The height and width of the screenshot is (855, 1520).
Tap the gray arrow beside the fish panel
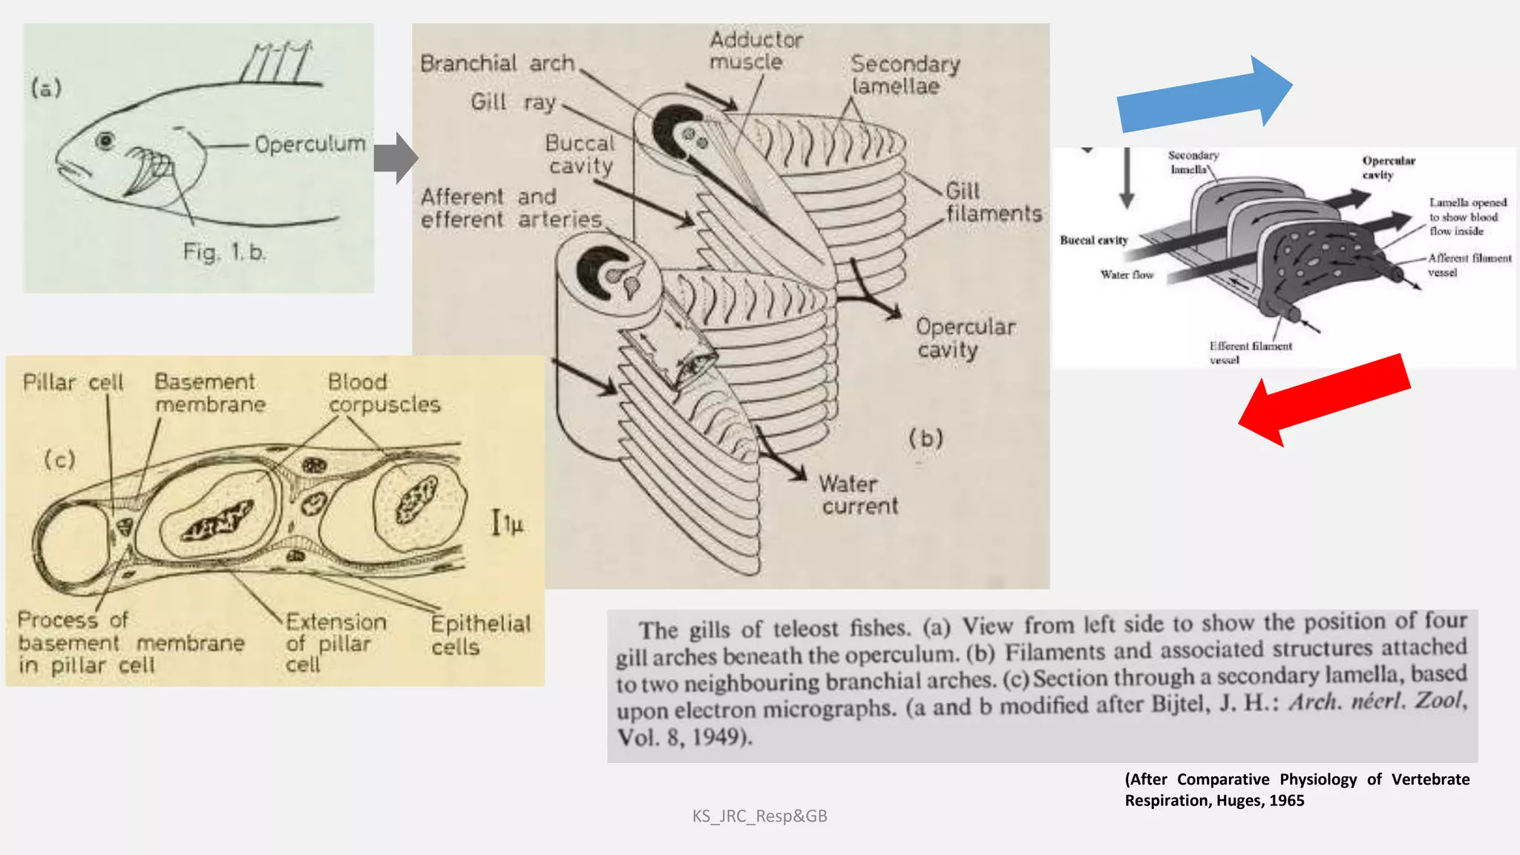click(x=396, y=158)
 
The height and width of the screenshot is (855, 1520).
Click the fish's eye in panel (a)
click(x=105, y=140)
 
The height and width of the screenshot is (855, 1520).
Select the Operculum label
click(x=309, y=144)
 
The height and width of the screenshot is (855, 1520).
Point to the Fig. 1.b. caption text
click(x=223, y=252)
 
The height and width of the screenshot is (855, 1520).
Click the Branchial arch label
click(x=497, y=64)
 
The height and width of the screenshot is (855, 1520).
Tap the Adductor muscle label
click(x=755, y=50)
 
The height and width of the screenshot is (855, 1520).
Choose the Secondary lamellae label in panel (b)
click(x=905, y=75)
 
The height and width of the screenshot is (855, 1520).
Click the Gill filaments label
click(x=992, y=203)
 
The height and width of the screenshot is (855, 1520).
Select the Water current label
click(x=858, y=495)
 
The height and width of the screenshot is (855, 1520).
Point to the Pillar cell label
click(x=73, y=383)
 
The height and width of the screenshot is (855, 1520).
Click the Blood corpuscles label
click(x=383, y=393)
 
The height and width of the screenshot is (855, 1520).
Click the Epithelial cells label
click(x=480, y=635)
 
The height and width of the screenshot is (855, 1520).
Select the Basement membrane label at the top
click(x=209, y=393)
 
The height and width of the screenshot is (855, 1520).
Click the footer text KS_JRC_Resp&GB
click(x=759, y=816)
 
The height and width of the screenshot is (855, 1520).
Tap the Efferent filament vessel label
click(x=1250, y=353)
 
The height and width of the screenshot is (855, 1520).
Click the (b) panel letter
click(x=926, y=439)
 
